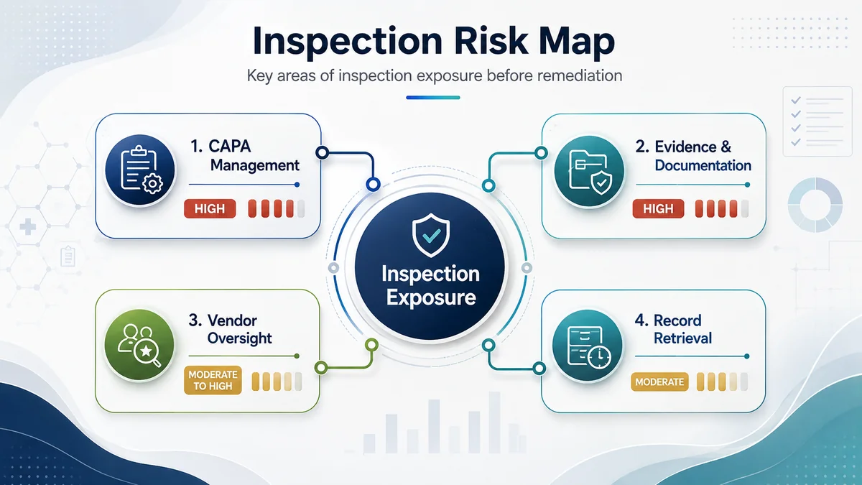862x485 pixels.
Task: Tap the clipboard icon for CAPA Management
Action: pos(139,170)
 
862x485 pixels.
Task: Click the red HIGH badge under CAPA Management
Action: pos(210,208)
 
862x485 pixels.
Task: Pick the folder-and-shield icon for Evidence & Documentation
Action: pos(589,170)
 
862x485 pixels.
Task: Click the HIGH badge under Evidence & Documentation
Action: pos(658,208)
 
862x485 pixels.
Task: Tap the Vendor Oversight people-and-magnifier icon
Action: pos(139,344)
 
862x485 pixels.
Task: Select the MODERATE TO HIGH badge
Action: pos(213,380)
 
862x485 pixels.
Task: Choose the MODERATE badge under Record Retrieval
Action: pos(659,382)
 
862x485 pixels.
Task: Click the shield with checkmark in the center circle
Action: pos(430,235)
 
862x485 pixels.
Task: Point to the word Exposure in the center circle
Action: pos(431,298)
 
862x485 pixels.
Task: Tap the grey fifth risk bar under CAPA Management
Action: pos(301,208)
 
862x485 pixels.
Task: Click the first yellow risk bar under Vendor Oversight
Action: pos(256,382)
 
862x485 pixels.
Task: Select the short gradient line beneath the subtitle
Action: pos(433,98)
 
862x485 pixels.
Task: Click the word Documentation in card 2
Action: pos(703,165)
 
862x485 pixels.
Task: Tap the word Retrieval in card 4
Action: pos(682,338)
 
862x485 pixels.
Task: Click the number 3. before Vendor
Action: pos(195,320)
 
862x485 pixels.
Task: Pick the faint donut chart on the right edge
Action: pos(815,205)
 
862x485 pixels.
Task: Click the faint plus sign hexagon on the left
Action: pos(28,227)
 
